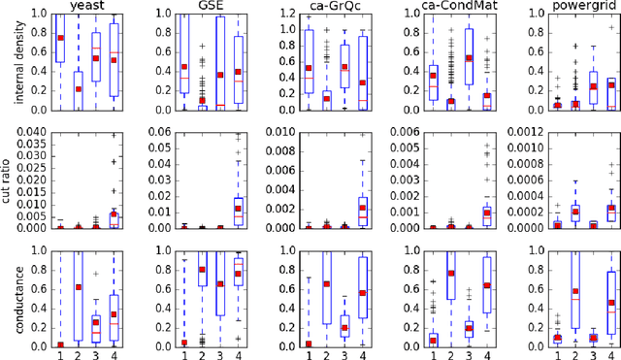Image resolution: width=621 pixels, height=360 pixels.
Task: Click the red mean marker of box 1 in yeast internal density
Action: pos(61,38)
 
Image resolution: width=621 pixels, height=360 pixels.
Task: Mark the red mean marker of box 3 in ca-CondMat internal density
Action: pos(470,58)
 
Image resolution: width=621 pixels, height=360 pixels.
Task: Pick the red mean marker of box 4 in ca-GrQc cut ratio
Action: pos(363,207)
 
